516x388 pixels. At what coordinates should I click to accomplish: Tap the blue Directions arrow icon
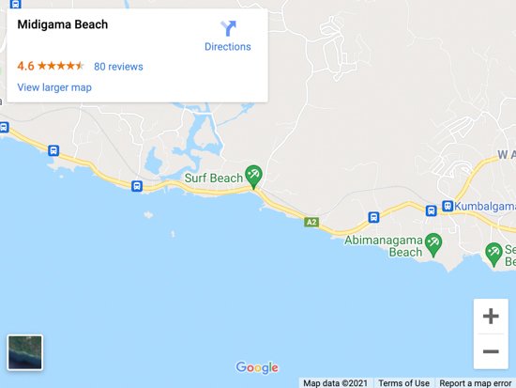tap(228, 28)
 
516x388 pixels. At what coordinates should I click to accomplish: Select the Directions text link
tap(228, 47)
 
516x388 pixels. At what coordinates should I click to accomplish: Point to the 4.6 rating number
tap(25, 67)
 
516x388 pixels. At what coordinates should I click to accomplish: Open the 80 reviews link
tap(118, 67)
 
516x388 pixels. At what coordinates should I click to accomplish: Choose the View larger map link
tap(54, 87)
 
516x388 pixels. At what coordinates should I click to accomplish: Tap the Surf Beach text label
tap(213, 177)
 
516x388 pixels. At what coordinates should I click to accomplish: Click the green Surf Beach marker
tap(252, 175)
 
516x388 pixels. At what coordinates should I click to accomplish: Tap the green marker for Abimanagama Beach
tap(433, 245)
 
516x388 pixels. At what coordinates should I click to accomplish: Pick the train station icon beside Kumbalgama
tap(448, 207)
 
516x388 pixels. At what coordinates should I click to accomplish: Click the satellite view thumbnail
tap(24, 352)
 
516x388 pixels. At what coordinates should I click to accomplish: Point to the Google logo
tap(257, 367)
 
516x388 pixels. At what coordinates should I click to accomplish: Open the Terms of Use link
tap(403, 382)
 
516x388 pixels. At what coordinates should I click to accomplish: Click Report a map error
tap(476, 382)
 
